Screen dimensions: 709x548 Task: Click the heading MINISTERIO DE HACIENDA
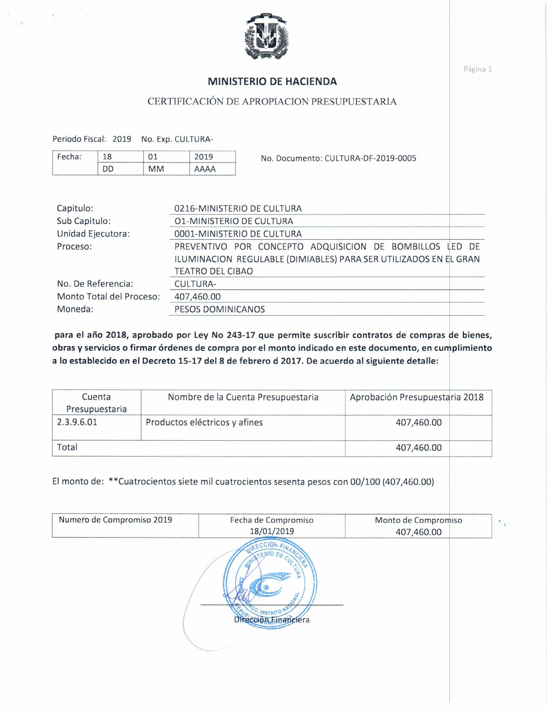(x=272, y=82)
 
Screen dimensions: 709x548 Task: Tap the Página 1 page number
(x=477, y=69)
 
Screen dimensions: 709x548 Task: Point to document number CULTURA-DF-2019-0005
(x=370, y=159)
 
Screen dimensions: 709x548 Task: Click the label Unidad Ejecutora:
(x=93, y=234)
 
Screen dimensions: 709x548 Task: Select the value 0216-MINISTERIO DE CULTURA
(x=238, y=209)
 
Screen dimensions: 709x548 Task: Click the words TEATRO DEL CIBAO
(x=214, y=271)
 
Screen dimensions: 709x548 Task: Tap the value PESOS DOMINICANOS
(x=220, y=309)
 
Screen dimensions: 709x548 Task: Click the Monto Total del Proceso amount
(x=197, y=296)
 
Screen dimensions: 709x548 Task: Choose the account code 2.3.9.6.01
(x=77, y=422)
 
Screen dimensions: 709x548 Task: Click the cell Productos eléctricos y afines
(x=204, y=422)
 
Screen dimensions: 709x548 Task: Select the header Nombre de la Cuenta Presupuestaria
(x=243, y=397)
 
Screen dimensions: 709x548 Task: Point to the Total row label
(x=67, y=447)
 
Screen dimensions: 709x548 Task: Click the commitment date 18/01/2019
(x=272, y=531)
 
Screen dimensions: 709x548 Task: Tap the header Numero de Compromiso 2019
(x=115, y=520)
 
